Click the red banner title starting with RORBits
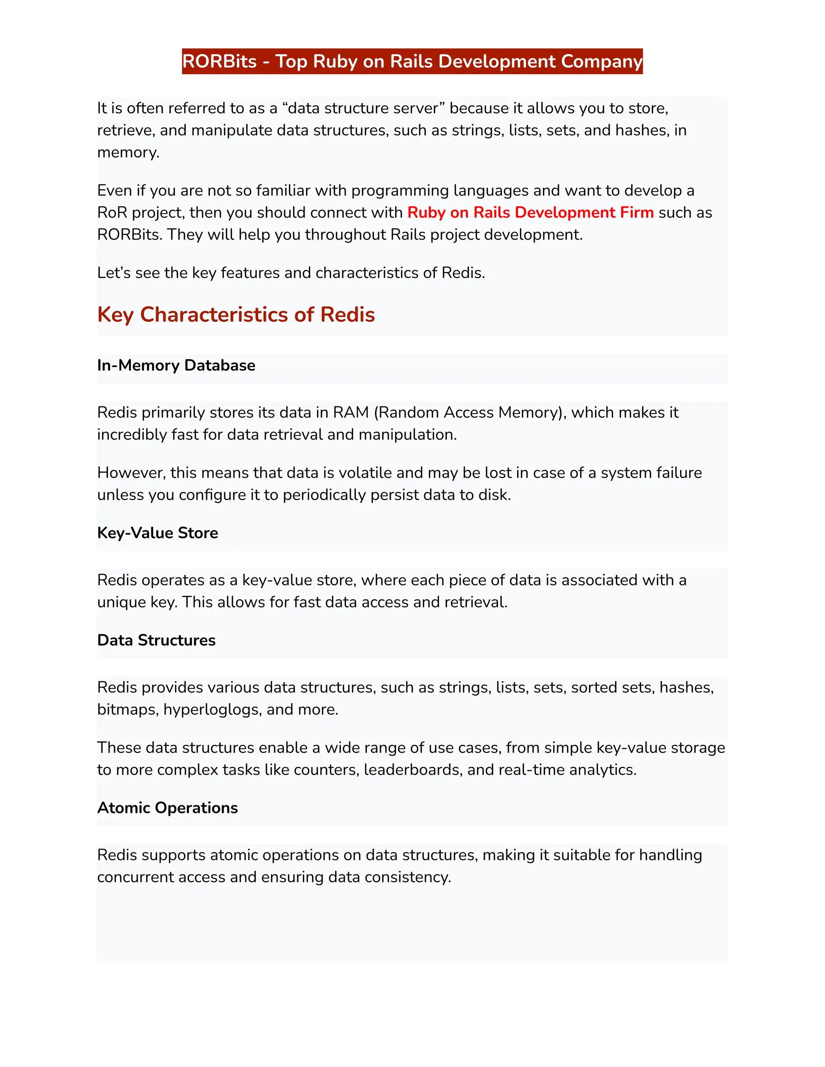(412, 62)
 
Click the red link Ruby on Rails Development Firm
(530, 213)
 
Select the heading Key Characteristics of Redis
(236, 314)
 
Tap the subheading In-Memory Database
(176, 366)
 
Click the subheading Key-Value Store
(158, 533)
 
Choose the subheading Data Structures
(156, 640)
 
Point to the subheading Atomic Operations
(167, 808)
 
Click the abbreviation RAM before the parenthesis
(350, 412)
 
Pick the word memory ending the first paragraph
(128, 153)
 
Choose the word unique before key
(121, 602)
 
